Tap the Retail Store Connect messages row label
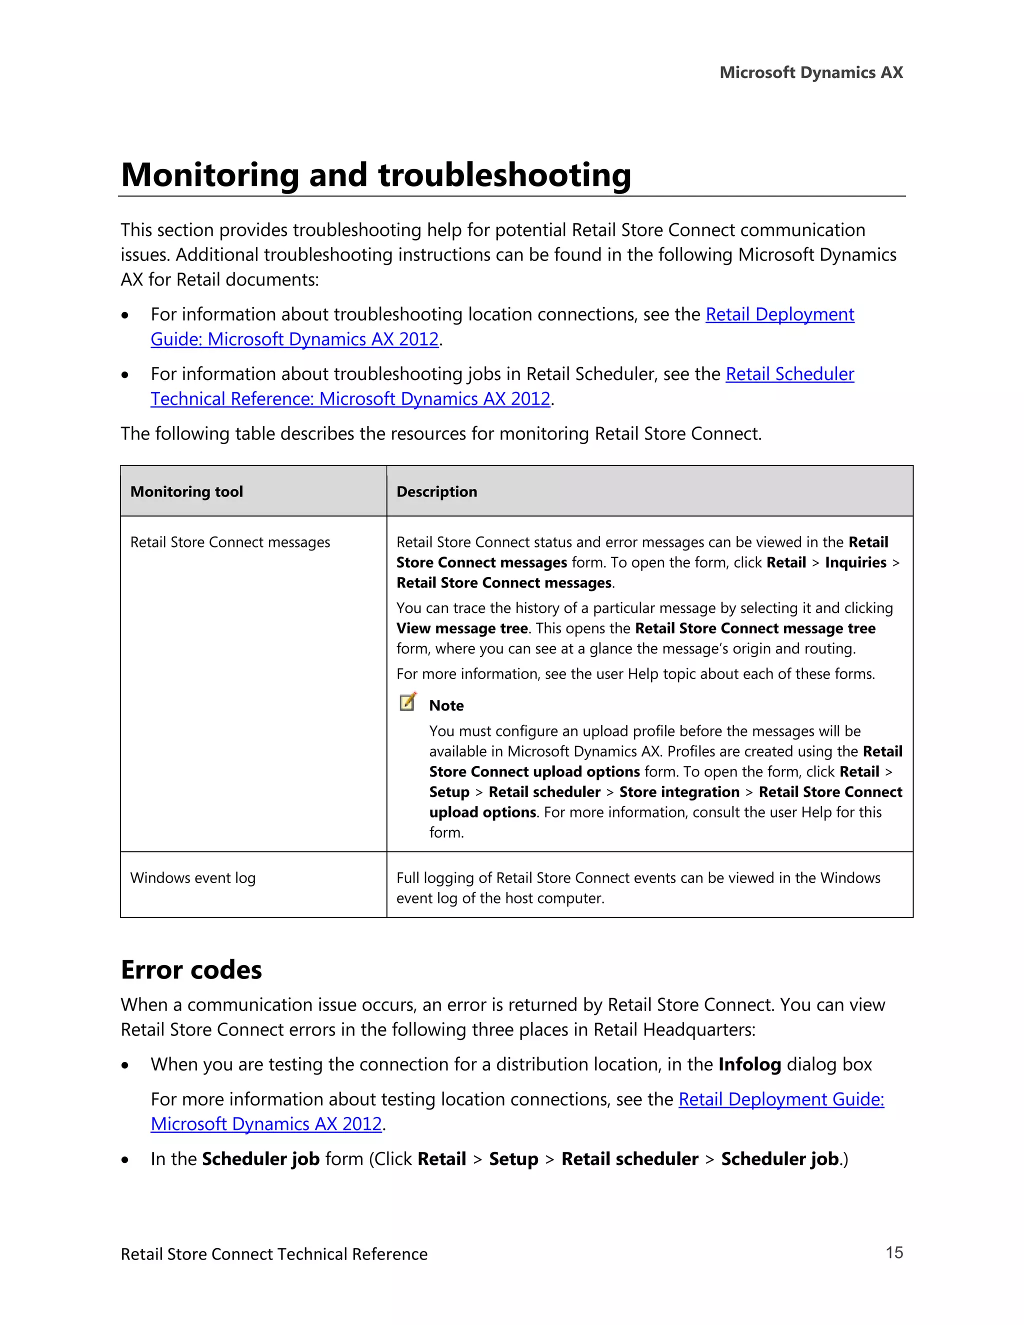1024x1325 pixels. [230, 542]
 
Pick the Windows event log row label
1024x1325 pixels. [193, 878]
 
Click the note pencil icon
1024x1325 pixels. [407, 702]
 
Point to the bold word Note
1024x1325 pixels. [446, 705]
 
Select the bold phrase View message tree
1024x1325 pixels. [461, 628]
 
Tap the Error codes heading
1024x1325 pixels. [191, 969]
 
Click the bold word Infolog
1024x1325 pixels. [749, 1064]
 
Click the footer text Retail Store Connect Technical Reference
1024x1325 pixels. [273, 1254]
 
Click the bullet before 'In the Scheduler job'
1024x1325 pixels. [125, 1160]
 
